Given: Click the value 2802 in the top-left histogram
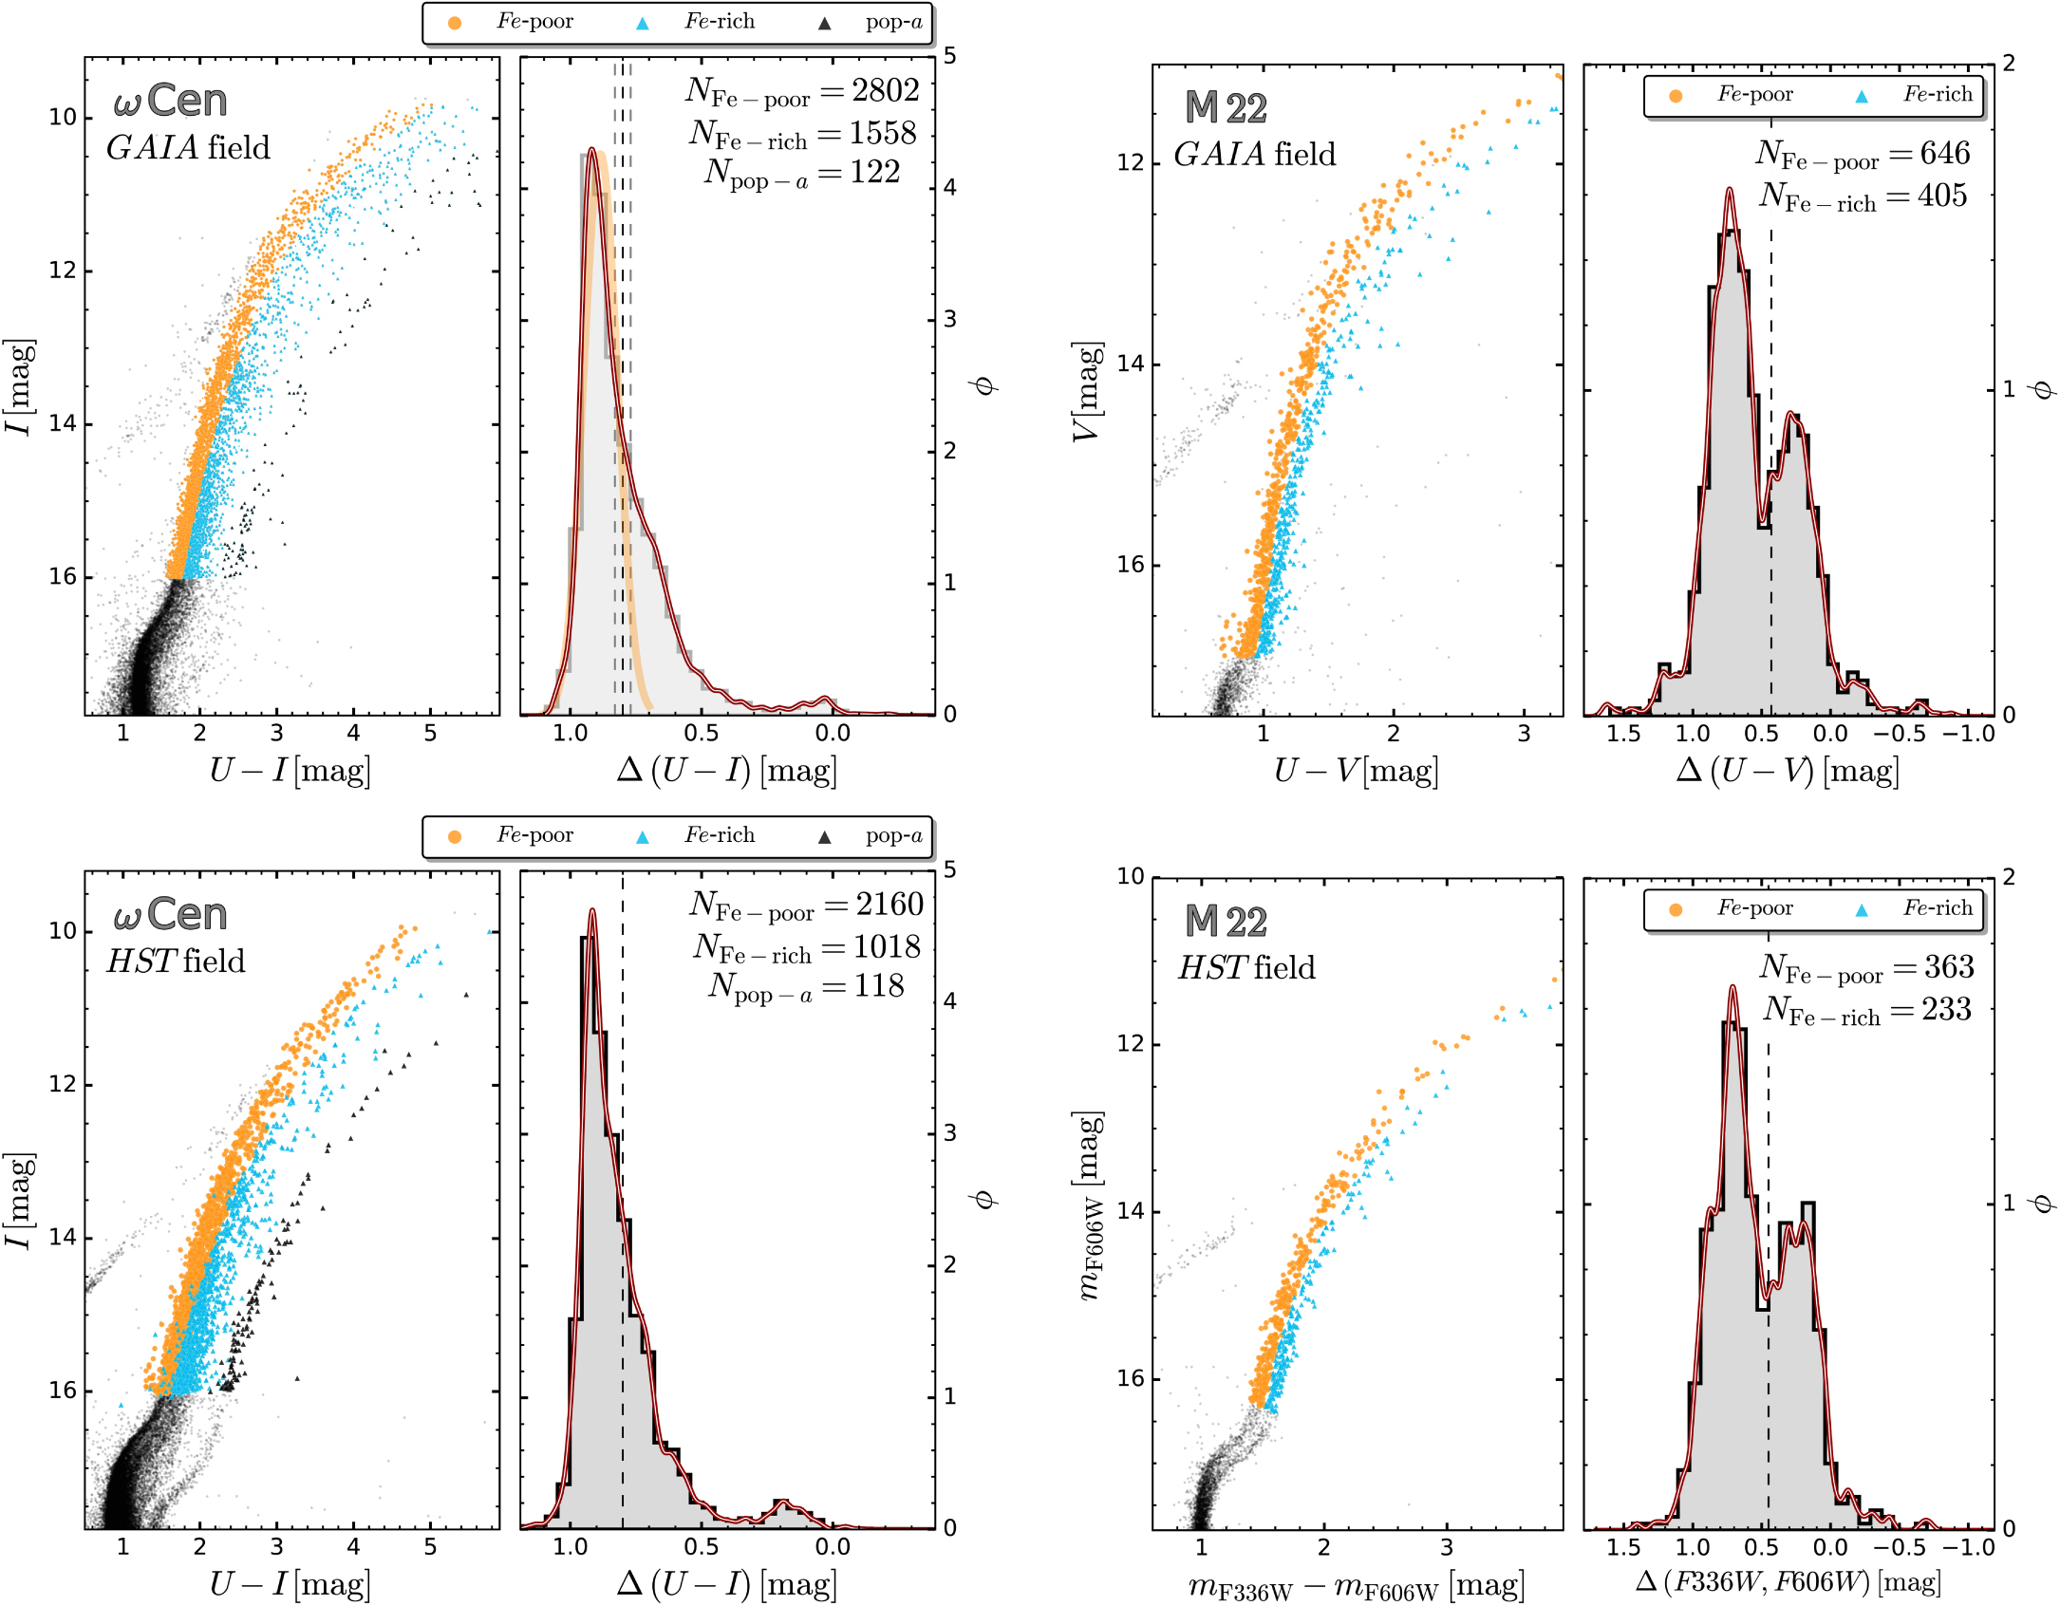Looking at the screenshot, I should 885,90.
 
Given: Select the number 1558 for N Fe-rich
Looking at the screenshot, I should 883,133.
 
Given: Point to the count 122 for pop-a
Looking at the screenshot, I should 875,172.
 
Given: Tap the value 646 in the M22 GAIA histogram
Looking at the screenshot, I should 1944,153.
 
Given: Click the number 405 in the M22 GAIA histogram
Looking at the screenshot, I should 1941,196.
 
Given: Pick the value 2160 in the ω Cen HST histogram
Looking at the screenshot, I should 889,904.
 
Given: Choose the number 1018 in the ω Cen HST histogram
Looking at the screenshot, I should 887,946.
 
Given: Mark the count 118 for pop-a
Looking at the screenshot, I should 878,985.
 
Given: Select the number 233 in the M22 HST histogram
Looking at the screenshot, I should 1946,1009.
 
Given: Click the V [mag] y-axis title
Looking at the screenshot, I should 1088,391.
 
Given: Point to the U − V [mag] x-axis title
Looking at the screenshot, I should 1356,771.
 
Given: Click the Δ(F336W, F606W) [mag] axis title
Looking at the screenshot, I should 1788,1581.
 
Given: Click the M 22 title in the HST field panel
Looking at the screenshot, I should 1226,922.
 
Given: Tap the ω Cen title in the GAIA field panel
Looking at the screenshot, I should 170,101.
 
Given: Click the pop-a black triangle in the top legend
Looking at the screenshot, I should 824,24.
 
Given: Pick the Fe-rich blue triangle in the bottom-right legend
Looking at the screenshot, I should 1862,909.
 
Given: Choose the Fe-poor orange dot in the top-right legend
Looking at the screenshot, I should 1676,96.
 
